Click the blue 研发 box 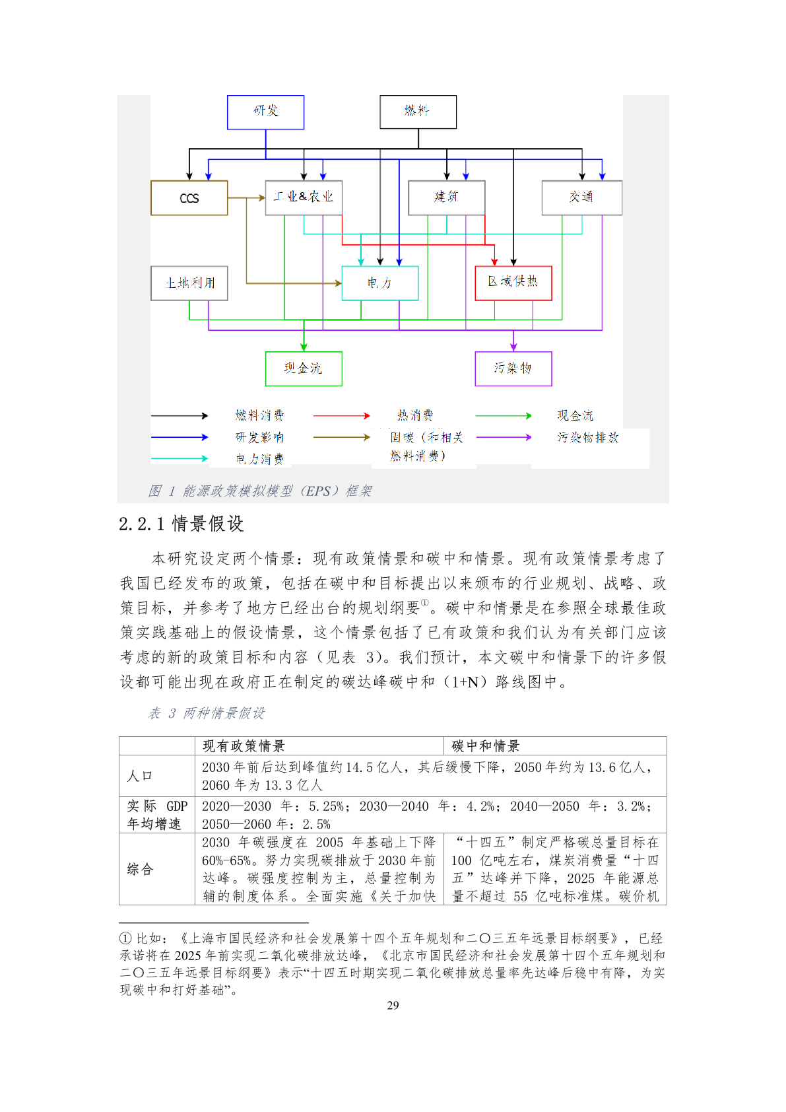pos(265,112)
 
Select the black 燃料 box pos(418,112)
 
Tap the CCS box pos(189,198)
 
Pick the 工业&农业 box pos(304,197)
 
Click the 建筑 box pos(447,197)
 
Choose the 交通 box pos(581,197)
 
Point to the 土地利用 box pos(189,283)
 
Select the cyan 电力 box pos(379,283)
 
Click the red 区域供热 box pos(513,283)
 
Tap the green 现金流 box pos(304,368)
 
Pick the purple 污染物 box pos(513,368)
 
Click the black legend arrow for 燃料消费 pos(180,416)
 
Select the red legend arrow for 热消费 pos(341,416)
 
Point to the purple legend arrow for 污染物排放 pos(504,437)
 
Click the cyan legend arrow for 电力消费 pos(180,458)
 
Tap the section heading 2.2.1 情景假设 pos(181,524)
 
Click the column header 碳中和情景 pos(486,746)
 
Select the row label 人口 pos(140,776)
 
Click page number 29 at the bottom pos(393,1006)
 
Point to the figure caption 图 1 pos(260,491)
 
